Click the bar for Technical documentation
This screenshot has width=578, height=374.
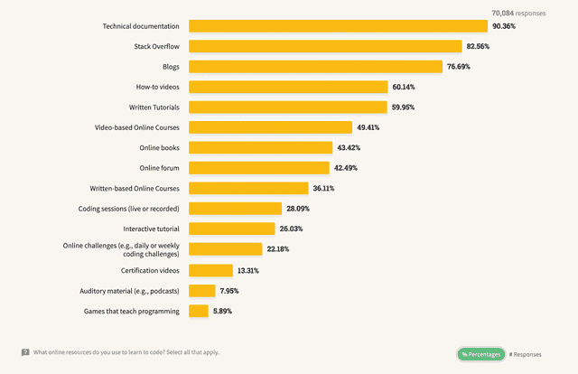(x=336, y=26)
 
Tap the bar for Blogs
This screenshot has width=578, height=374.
(x=313, y=66)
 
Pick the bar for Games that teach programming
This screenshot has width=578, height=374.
(x=198, y=311)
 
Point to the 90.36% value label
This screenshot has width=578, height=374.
(x=504, y=26)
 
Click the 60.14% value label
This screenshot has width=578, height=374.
(x=403, y=87)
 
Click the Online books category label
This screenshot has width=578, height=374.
(x=159, y=147)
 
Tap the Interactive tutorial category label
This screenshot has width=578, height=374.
(x=151, y=229)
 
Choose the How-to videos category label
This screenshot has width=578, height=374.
(x=157, y=87)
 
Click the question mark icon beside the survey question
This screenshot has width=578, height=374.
(x=24, y=352)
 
